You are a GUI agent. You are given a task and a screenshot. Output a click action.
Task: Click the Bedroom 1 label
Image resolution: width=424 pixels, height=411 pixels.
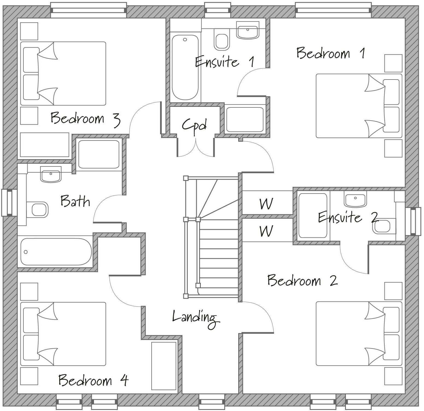point(331,53)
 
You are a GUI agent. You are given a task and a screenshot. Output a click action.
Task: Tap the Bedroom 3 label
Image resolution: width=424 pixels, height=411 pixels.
point(85,119)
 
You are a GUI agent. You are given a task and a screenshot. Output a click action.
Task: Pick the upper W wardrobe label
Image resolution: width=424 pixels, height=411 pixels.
point(266,204)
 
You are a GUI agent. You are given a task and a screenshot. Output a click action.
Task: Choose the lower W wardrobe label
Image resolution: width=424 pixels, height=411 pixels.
point(266,231)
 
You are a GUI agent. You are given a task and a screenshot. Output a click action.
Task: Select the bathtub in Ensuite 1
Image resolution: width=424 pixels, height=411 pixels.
point(185,67)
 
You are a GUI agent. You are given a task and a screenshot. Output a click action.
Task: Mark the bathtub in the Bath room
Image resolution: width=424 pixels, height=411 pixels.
point(56,252)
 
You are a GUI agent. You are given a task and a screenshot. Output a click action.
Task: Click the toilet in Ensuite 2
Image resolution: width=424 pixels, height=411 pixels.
point(384,226)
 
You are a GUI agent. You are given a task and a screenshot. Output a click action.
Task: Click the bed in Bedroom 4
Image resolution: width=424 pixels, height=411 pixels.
point(63,334)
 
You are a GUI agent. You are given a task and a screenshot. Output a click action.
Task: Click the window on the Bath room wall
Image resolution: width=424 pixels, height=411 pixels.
point(7,202)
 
